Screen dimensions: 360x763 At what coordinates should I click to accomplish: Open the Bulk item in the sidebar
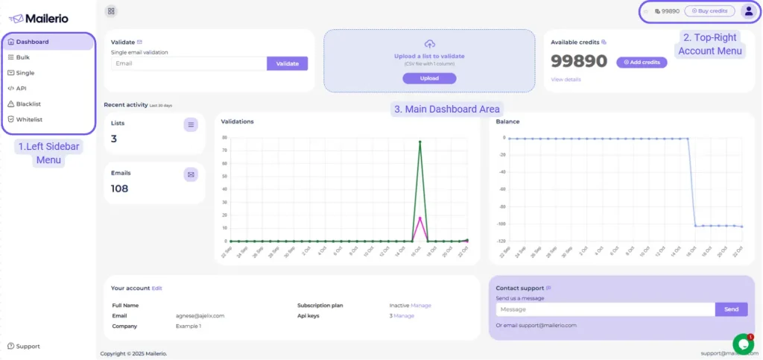[x=22, y=57]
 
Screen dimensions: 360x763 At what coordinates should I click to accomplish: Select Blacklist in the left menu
[x=28, y=104]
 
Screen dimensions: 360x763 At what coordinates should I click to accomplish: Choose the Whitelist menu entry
[x=29, y=119]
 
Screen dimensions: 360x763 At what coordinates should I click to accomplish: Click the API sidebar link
[x=21, y=88]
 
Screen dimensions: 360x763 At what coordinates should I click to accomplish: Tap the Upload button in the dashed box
[x=429, y=78]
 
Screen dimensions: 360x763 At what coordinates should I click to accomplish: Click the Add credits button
[x=642, y=63]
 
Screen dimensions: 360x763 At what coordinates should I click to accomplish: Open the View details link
[x=566, y=79]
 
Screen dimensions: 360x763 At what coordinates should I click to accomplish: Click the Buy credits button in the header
[x=709, y=11]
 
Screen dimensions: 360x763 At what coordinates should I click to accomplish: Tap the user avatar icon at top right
[x=748, y=11]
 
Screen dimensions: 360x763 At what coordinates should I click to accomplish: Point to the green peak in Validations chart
[x=420, y=142]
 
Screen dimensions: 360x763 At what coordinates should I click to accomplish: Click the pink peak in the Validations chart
[x=420, y=218]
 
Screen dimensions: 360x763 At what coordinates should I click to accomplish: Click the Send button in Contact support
[x=731, y=309]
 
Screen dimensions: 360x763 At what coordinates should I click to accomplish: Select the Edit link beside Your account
[x=156, y=288]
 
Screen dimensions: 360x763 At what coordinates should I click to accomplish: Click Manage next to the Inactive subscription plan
[x=421, y=305]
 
